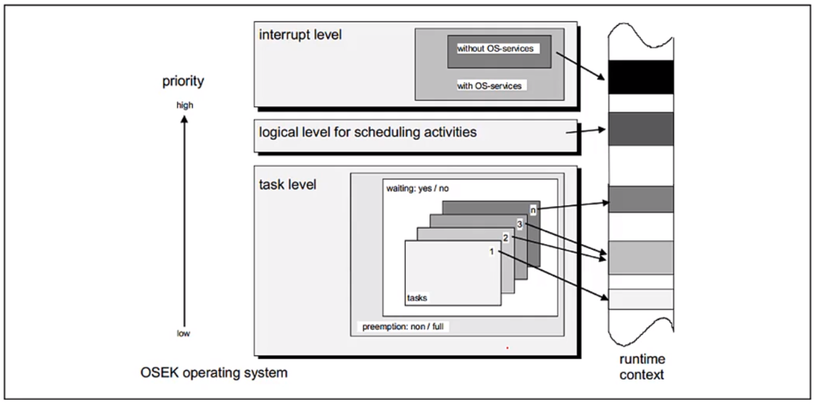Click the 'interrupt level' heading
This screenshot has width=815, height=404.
click(x=300, y=35)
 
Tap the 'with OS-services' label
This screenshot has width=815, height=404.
click(x=489, y=86)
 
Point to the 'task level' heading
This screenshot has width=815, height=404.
click(x=288, y=184)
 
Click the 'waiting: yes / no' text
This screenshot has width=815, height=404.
click(x=418, y=188)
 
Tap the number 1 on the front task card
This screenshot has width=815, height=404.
click(x=491, y=251)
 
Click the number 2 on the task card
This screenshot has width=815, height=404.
click(x=505, y=237)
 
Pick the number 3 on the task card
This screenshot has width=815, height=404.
click(x=519, y=223)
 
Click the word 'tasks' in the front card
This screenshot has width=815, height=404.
click(x=417, y=298)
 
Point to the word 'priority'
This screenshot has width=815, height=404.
click(x=183, y=81)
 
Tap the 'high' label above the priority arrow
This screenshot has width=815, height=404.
click(x=184, y=105)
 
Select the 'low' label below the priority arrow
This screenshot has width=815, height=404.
click(x=184, y=334)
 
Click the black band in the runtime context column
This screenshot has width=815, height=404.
click(x=640, y=77)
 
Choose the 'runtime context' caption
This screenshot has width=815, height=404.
click(x=642, y=366)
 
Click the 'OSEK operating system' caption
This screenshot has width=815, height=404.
click(x=213, y=373)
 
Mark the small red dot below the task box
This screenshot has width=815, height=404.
click(x=507, y=348)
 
